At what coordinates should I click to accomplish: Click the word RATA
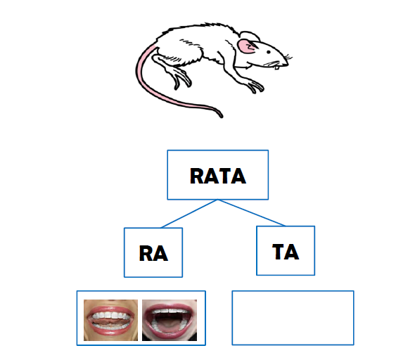[x=218, y=176]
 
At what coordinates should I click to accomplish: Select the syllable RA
[x=153, y=253]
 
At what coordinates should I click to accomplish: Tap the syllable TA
[x=286, y=252]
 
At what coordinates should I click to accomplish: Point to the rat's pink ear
[x=246, y=46]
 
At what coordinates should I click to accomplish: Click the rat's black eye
[x=269, y=52]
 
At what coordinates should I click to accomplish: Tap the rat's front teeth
[x=277, y=67]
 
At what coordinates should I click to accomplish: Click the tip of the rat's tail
[x=222, y=116]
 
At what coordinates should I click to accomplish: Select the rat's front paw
[x=255, y=86]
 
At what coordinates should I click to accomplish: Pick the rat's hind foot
[x=181, y=78]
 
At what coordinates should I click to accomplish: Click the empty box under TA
[x=293, y=318]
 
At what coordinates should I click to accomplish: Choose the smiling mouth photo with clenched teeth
[x=110, y=320]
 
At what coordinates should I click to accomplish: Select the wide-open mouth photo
[x=170, y=320]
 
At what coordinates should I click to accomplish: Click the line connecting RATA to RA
[x=189, y=214]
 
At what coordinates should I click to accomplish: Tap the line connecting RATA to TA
[x=252, y=212]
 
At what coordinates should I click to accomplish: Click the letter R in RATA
[x=196, y=176]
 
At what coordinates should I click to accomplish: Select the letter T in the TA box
[x=279, y=252]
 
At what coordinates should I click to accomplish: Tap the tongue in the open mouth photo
[x=169, y=326]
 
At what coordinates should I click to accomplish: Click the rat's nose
[x=287, y=65]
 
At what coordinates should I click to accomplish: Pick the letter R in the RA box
[x=146, y=253]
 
